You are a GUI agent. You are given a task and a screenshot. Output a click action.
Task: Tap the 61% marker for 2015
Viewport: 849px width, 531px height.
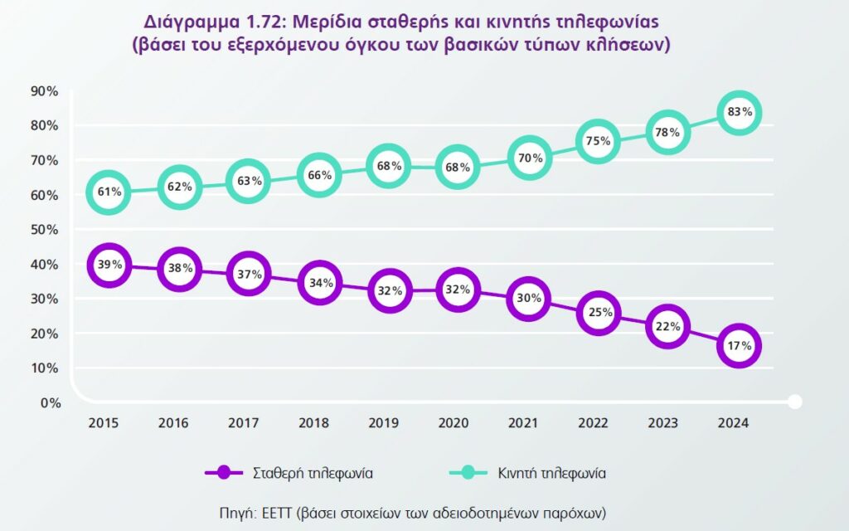[109, 192]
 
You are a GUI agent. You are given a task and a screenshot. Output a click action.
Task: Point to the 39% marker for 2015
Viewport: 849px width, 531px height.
[109, 265]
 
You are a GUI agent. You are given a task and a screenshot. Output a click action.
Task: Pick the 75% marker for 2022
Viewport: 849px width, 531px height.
[598, 141]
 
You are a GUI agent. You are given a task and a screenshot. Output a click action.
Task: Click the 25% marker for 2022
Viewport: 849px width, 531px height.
[598, 313]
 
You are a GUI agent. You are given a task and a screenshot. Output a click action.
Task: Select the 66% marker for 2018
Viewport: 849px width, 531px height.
[318, 175]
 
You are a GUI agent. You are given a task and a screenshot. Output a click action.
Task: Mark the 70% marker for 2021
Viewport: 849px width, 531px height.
[528, 158]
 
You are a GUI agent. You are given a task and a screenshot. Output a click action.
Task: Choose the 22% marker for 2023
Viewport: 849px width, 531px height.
[667, 327]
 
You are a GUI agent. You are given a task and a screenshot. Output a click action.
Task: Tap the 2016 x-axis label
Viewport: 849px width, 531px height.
[173, 423]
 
